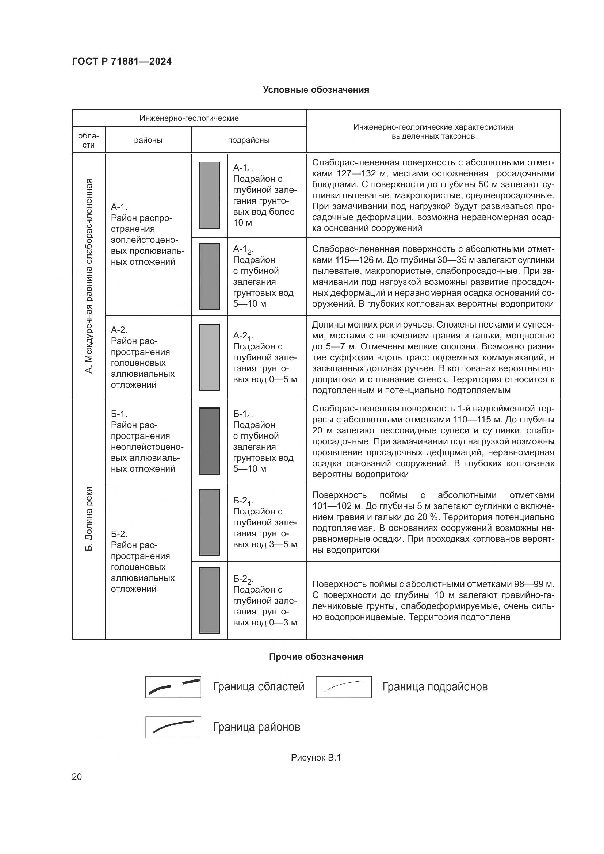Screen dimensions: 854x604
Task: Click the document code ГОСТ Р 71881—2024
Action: pos(122,62)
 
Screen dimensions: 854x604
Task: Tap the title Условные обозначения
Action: pos(316,90)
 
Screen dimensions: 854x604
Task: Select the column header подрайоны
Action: pos(248,140)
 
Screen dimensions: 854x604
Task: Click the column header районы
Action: pos(148,140)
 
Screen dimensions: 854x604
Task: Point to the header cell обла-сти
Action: pos(88,140)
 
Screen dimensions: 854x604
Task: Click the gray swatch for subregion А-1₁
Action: pos(209,195)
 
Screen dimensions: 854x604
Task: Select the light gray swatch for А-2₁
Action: pos(209,357)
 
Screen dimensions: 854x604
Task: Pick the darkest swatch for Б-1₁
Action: pos(209,441)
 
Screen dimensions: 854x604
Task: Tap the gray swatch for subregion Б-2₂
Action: pos(209,600)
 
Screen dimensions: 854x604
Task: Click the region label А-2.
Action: pos(119,330)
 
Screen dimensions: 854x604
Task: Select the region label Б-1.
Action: pos(119,414)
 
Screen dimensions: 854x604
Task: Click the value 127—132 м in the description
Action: pos(360,174)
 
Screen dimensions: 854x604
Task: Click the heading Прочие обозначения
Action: pos(316,657)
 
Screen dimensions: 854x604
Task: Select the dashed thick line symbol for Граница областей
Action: pos(173,687)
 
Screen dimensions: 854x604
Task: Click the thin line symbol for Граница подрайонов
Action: pos(344,687)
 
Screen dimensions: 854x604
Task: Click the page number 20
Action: pos(77,777)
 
